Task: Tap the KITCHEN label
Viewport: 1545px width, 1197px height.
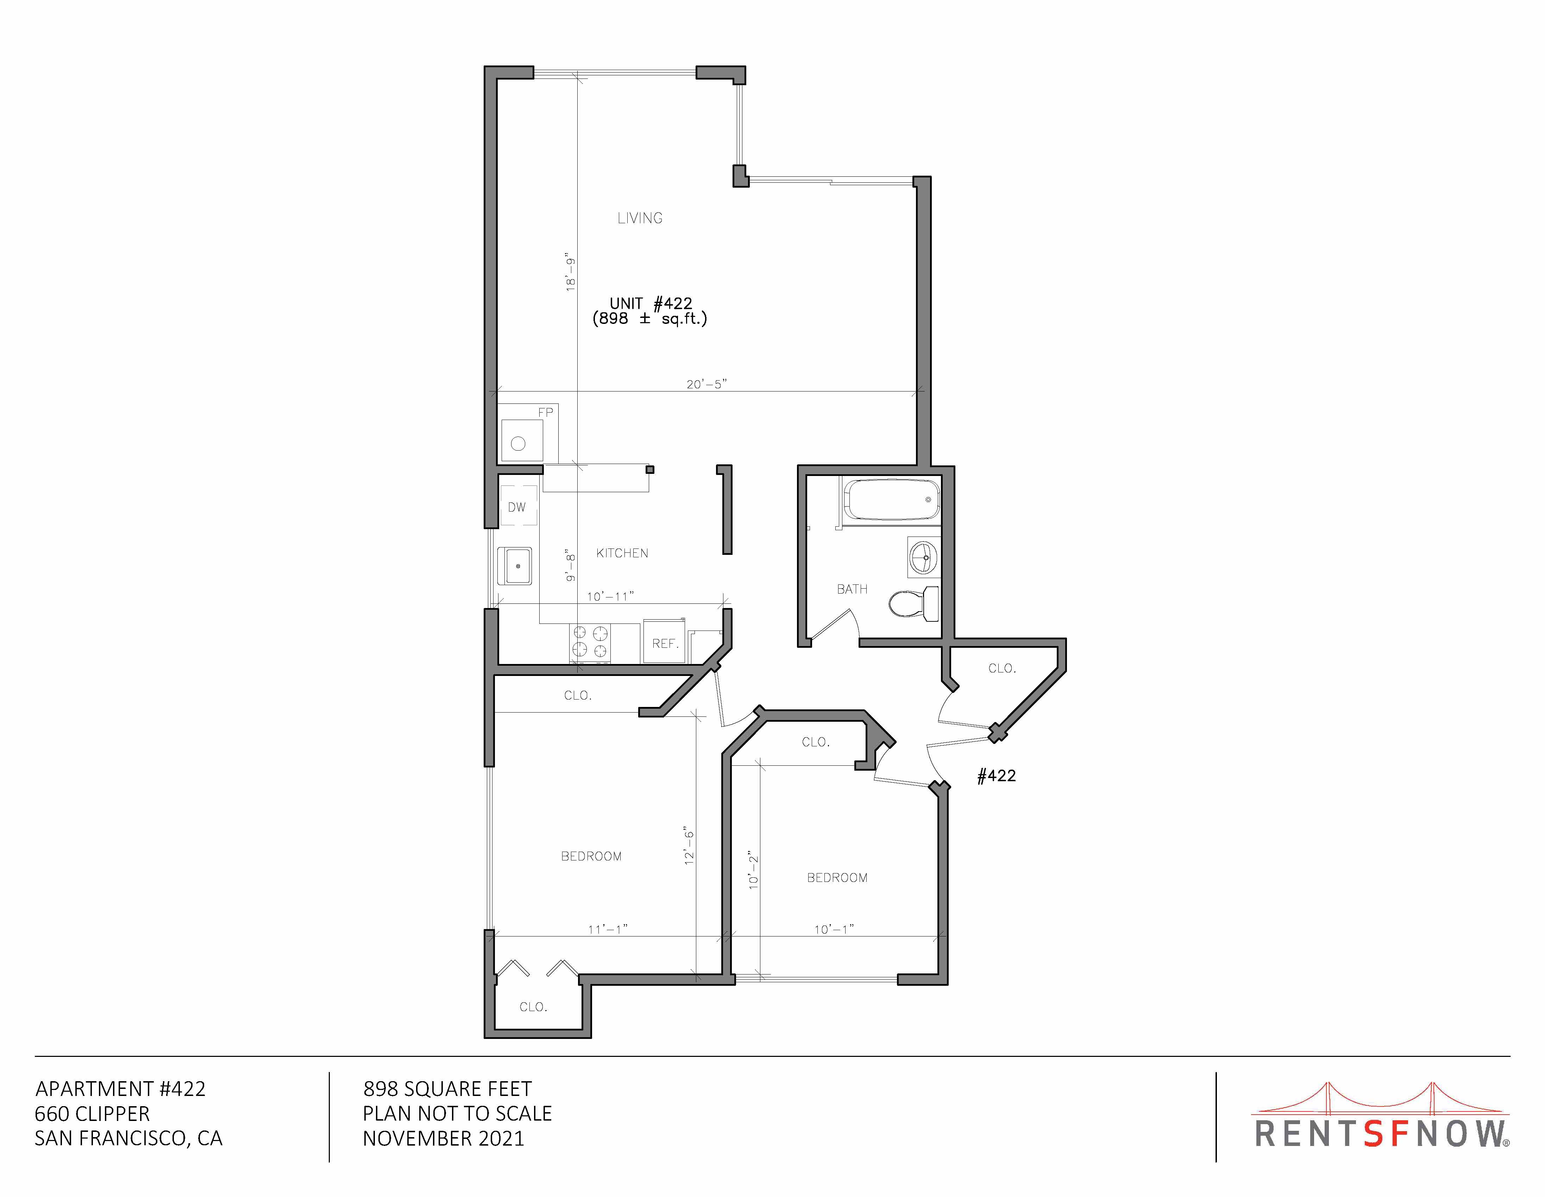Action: click(x=622, y=553)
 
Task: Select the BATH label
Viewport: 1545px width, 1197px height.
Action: click(x=852, y=589)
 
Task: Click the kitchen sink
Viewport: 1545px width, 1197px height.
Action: click(x=515, y=566)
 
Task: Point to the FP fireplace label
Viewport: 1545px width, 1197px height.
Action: click(x=545, y=413)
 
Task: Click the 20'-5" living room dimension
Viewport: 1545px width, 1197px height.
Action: click(x=706, y=384)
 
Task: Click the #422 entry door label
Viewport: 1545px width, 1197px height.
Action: click(x=996, y=776)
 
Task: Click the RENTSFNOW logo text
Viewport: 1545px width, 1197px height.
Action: click(x=1382, y=1134)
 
